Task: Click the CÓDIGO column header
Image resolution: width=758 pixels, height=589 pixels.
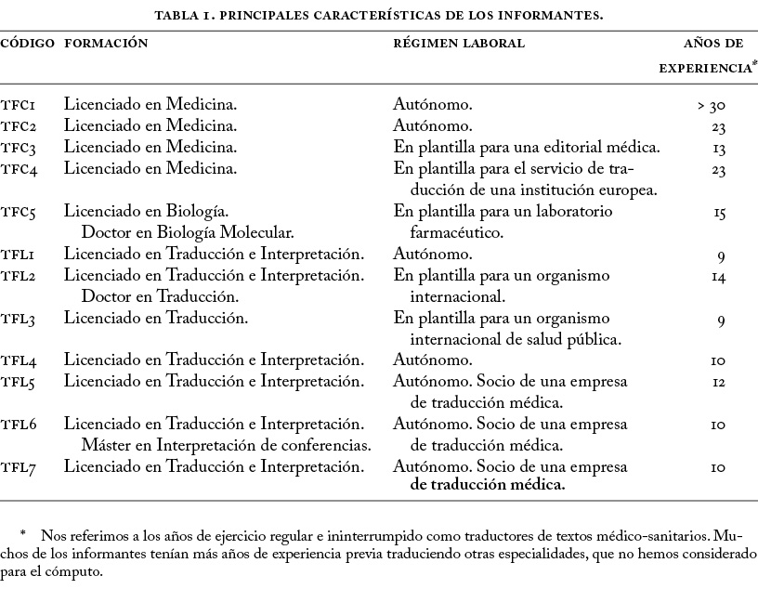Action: (x=27, y=43)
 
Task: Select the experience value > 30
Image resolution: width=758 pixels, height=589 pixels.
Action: (x=711, y=106)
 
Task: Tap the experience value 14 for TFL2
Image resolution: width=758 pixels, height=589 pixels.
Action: (x=717, y=276)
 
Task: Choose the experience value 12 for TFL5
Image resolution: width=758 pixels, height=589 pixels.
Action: (x=717, y=382)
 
